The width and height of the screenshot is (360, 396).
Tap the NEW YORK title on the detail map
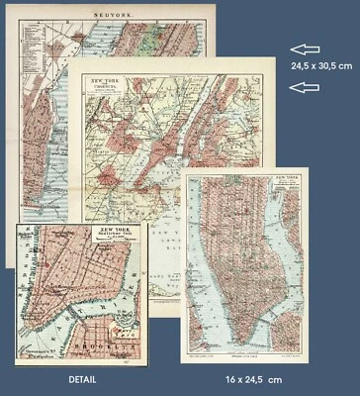[x=118, y=231]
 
